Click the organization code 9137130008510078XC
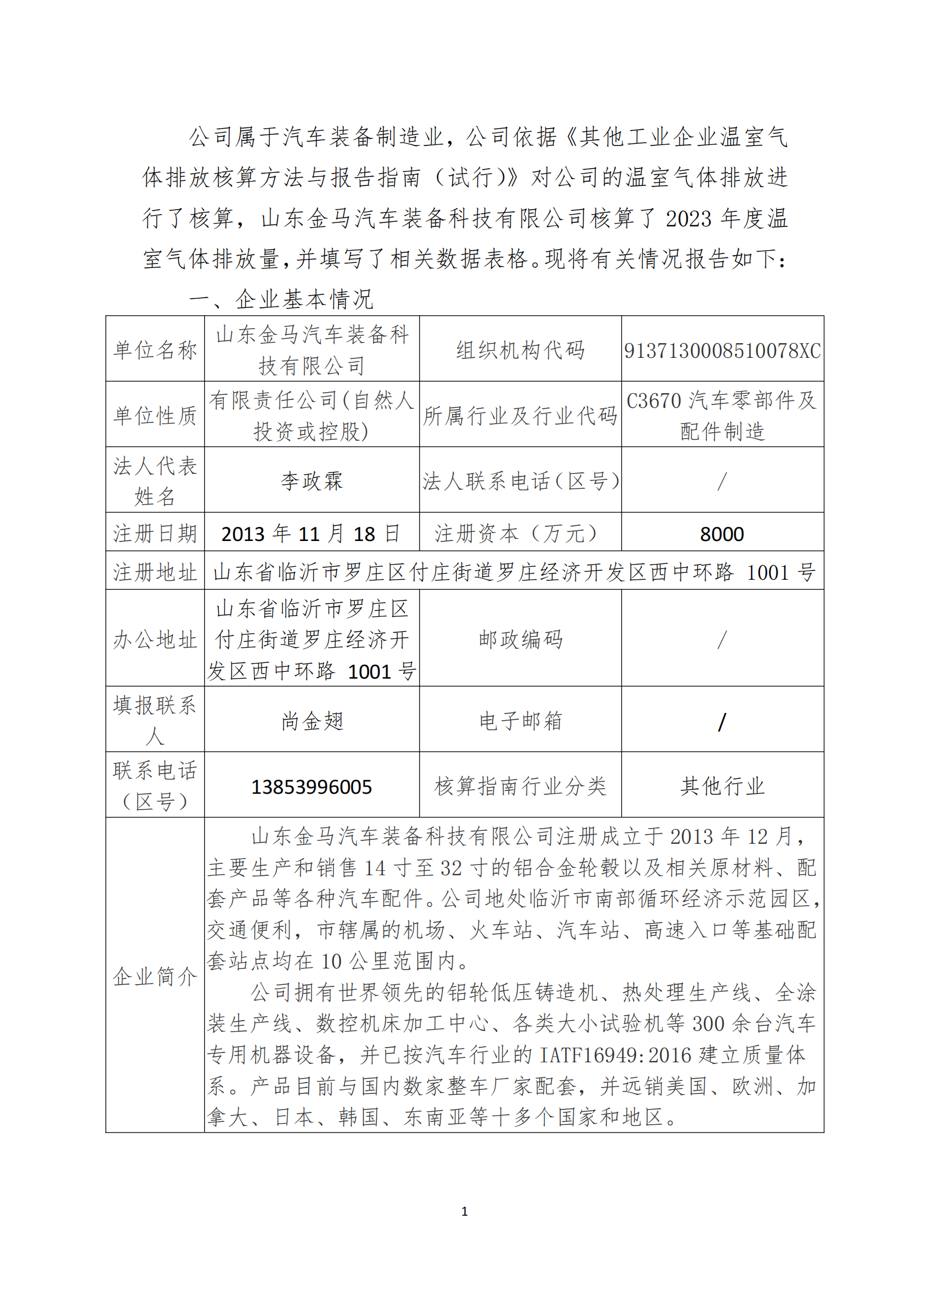coord(722,350)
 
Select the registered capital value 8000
coord(721,534)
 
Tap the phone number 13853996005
coord(311,787)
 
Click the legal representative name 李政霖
coord(311,481)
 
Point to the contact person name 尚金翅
coord(311,721)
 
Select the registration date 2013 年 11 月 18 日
coord(311,534)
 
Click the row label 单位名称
coord(155,349)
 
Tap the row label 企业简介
coord(155,976)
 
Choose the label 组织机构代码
coord(520,349)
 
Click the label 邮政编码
coord(520,639)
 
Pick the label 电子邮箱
coord(520,721)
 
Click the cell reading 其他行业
coord(722,786)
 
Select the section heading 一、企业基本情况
coord(281,299)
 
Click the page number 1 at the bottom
coord(464,1211)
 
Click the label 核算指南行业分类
coord(520,786)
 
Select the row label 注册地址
coord(155,572)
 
